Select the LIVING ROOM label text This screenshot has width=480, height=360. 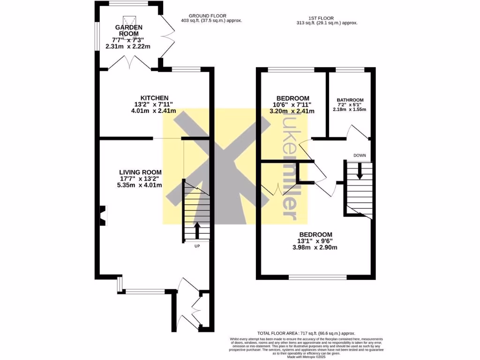pyautogui.click(x=140, y=172)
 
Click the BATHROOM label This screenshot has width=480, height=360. pyautogui.click(x=350, y=100)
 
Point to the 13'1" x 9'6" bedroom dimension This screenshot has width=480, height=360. pyautogui.click(x=315, y=241)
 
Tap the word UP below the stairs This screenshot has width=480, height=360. pyautogui.click(x=197, y=246)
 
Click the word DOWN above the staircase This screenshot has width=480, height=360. pyautogui.click(x=360, y=155)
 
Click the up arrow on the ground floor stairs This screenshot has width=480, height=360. pyautogui.click(x=196, y=230)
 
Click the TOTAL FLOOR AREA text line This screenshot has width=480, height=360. pyautogui.click(x=306, y=332)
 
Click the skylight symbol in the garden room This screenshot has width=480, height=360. pyautogui.click(x=129, y=21)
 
